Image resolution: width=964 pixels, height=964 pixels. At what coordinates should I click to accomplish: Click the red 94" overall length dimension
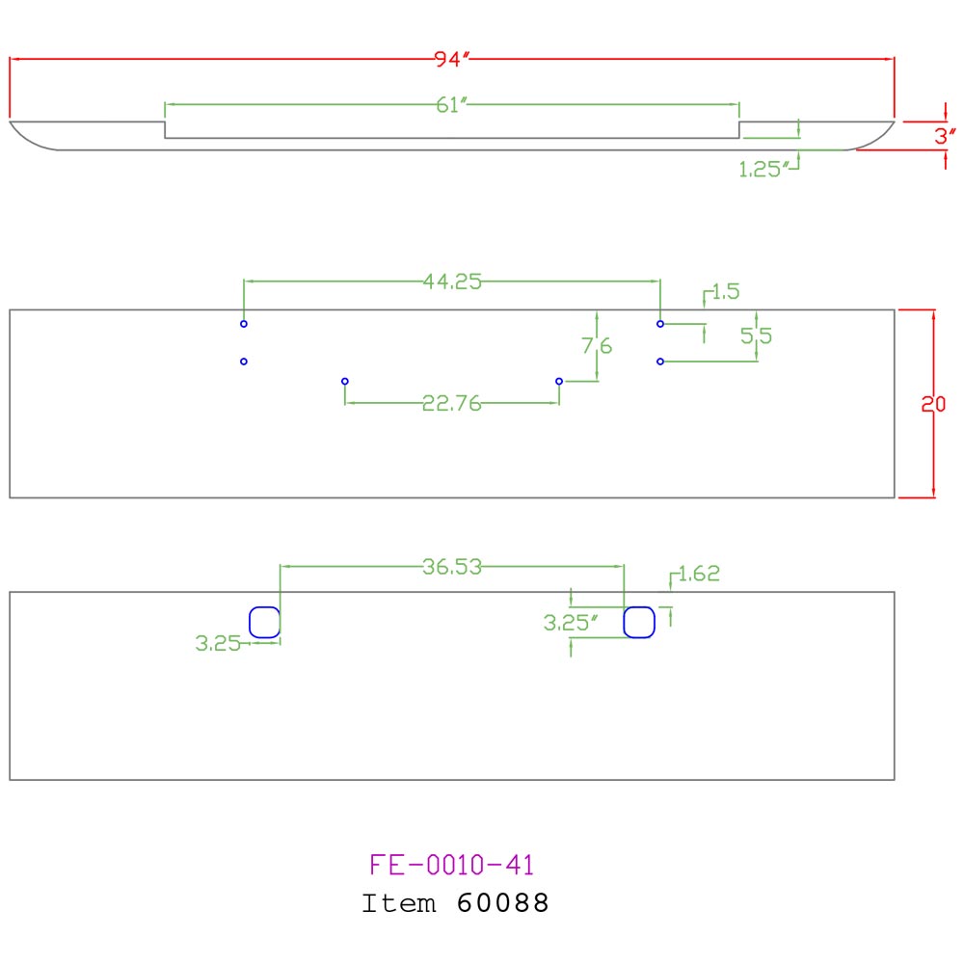coord(451,59)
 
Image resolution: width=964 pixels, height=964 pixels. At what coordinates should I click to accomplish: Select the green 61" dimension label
coord(452,105)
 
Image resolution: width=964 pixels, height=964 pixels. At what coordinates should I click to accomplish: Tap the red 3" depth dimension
coord(945,136)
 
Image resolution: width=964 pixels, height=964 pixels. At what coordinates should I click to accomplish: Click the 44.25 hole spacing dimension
coord(452,281)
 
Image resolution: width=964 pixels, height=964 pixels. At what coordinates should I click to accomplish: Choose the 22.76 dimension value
coord(452,403)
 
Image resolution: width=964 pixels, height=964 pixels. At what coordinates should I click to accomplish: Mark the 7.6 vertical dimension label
coord(597,346)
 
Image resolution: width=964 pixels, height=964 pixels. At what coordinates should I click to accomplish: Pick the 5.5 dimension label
coord(756,335)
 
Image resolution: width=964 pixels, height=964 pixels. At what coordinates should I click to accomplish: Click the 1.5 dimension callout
coord(726,291)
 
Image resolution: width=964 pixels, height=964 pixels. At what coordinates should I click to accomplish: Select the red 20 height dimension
coord(933,404)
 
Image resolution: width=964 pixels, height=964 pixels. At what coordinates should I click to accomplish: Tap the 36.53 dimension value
coord(452,567)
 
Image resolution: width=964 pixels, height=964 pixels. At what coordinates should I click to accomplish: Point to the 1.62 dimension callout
coord(699,574)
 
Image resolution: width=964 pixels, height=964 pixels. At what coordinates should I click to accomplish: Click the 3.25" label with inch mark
coord(570,623)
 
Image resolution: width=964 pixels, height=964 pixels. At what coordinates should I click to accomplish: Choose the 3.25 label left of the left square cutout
coord(218,644)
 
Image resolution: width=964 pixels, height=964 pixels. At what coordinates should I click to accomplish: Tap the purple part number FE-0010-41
coord(452,865)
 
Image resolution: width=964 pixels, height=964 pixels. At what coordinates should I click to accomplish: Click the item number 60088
coord(502,903)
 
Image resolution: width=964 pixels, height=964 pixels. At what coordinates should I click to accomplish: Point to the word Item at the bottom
coord(399,903)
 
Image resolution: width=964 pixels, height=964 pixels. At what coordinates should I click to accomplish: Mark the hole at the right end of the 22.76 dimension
coord(559,381)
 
